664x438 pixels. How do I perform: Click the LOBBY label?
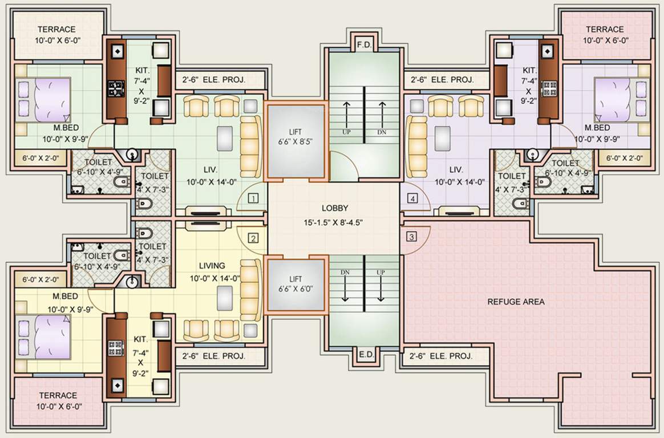(334, 208)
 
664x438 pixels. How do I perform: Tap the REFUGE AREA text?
(516, 302)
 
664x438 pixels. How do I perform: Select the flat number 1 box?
(254, 198)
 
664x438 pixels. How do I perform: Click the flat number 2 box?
(254, 238)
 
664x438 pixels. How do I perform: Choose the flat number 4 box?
(412, 198)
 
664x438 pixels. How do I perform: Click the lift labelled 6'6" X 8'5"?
(295, 140)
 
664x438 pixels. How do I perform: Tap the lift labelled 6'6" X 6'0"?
(295, 283)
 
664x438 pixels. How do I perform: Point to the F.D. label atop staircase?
(363, 44)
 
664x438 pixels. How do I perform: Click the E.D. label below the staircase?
(366, 355)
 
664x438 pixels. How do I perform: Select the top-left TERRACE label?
(57, 30)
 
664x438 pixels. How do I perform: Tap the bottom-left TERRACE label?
(58, 395)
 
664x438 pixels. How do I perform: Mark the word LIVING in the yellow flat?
(212, 266)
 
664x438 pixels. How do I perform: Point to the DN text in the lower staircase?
(345, 273)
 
